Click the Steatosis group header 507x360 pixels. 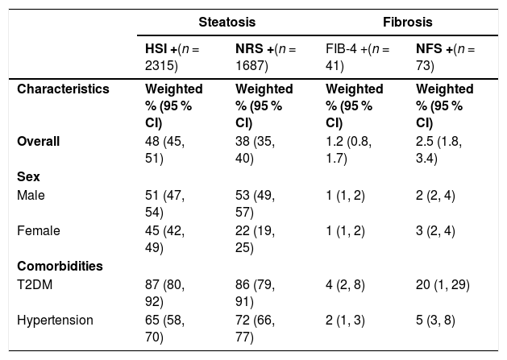point(227,22)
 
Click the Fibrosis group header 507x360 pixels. point(407,22)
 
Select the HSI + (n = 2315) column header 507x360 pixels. point(172,57)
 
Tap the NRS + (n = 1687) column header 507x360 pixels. point(265,57)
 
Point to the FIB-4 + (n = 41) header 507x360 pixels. point(358,57)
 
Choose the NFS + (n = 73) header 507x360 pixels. point(445,57)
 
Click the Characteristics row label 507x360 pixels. point(63,89)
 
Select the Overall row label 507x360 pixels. point(38,141)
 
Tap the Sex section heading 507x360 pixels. point(28,176)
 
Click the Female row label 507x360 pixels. point(39,230)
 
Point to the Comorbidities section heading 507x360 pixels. point(60,266)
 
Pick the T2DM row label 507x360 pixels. point(35,285)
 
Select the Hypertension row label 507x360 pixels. point(55,321)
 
